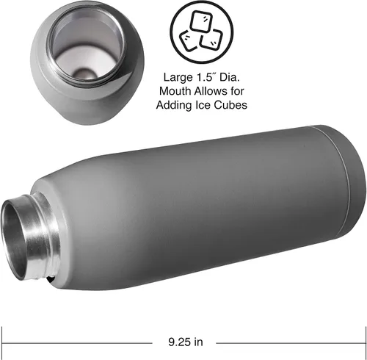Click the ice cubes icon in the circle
click(x=202, y=32)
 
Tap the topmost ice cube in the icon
click(x=202, y=21)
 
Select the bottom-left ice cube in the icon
click(x=189, y=40)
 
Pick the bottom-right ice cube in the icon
click(x=211, y=40)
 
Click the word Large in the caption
click(x=178, y=78)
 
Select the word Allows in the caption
click(x=211, y=91)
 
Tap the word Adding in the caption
click(x=174, y=105)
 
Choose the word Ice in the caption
click(x=203, y=105)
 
